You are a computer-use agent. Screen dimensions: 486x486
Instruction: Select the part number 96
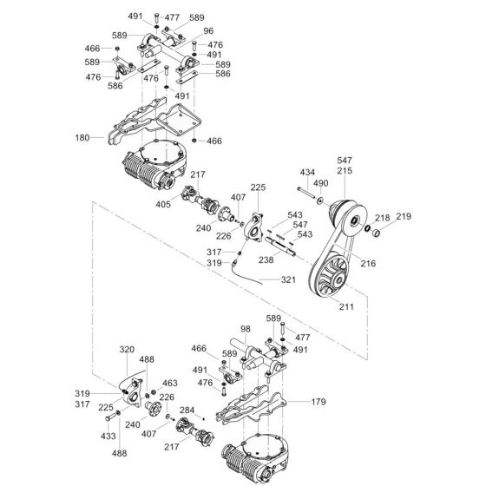208,32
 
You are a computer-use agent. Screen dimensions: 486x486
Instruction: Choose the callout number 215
345,173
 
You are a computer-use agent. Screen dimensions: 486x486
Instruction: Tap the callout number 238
266,259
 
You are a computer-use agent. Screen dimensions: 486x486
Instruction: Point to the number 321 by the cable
288,280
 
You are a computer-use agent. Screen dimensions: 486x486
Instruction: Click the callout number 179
319,402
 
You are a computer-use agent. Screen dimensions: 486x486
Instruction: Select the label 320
128,351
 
